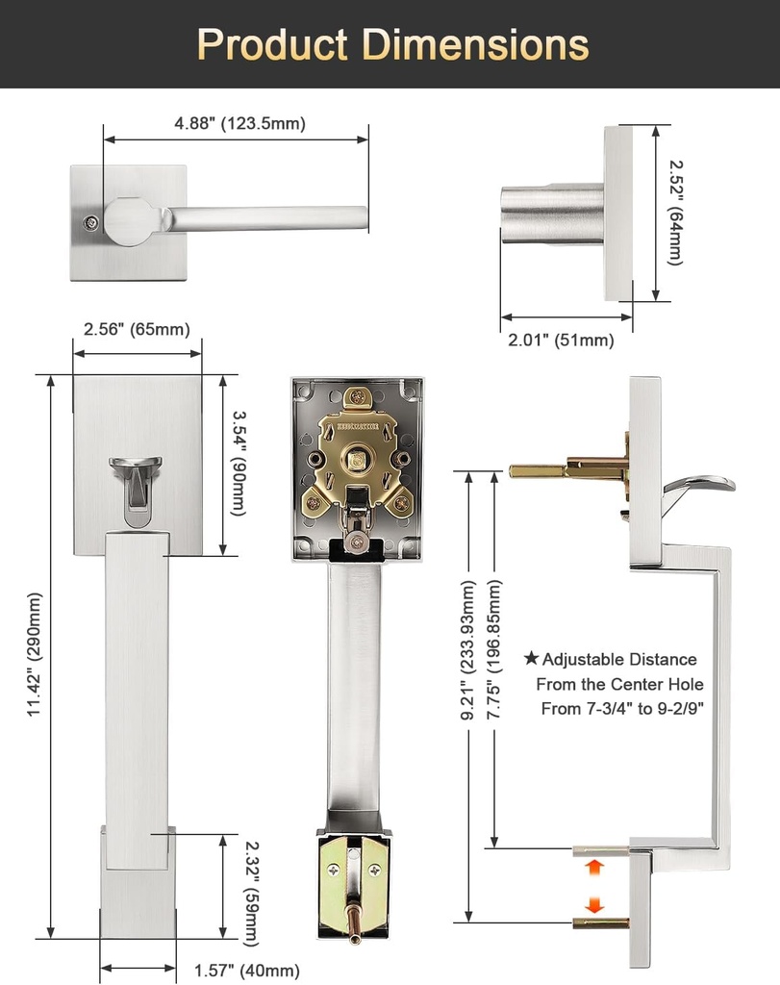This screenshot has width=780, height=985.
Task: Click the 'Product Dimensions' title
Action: (x=392, y=45)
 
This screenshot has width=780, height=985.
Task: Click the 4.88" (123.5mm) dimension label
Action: (x=239, y=123)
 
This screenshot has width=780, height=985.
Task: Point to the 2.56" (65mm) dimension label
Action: (x=137, y=329)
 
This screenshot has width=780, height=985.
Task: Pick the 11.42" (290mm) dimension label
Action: (x=35, y=654)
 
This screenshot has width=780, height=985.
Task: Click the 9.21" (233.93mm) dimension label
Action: (x=468, y=649)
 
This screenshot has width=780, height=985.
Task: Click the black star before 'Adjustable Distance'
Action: (x=531, y=659)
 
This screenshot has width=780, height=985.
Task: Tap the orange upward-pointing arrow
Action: (x=594, y=868)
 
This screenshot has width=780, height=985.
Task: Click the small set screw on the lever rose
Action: (x=89, y=222)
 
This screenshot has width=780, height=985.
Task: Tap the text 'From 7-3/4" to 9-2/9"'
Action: (x=622, y=709)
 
